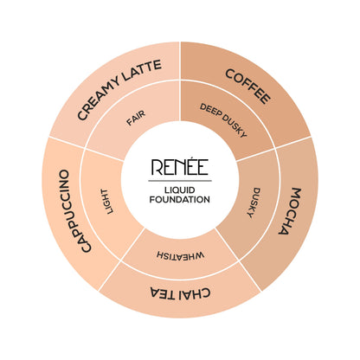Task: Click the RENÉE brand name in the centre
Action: pos(180,167)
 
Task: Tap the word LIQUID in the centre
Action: pos(180,190)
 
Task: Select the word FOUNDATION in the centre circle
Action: pos(180,200)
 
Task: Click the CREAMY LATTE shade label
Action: pos(119,89)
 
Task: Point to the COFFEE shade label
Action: pos(248,87)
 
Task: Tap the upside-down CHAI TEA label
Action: pos(180,292)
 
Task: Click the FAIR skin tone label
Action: pos(136,118)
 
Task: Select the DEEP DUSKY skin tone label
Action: pos(223,120)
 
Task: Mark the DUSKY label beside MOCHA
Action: pos(254,202)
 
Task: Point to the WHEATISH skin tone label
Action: pos(181,255)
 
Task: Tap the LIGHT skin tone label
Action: pos(106,202)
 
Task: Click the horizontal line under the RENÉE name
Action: pos(180,181)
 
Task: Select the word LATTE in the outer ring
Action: pos(142,71)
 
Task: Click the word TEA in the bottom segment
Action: pos(163,292)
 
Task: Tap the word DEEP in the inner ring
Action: pos(210,111)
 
